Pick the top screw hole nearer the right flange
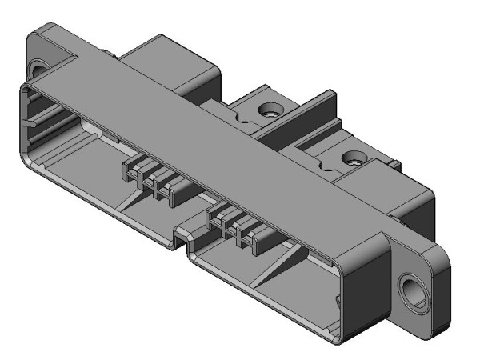coord(350,158)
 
